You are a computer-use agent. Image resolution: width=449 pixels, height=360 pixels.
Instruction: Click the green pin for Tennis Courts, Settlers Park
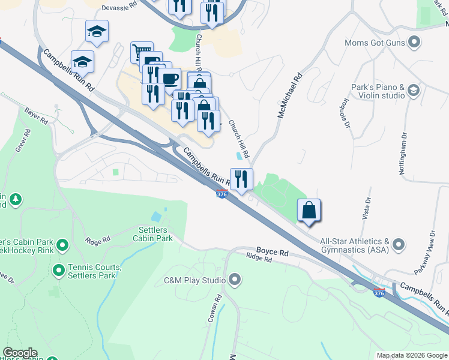pyautogui.click(x=59, y=271)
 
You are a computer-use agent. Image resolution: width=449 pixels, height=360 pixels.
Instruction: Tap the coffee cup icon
pyautogui.click(x=169, y=79)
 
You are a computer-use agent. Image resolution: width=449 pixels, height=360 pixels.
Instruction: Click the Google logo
pyautogui.click(x=20, y=353)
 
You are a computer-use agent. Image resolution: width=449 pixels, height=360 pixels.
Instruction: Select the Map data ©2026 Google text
pyautogui.click(x=411, y=355)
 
